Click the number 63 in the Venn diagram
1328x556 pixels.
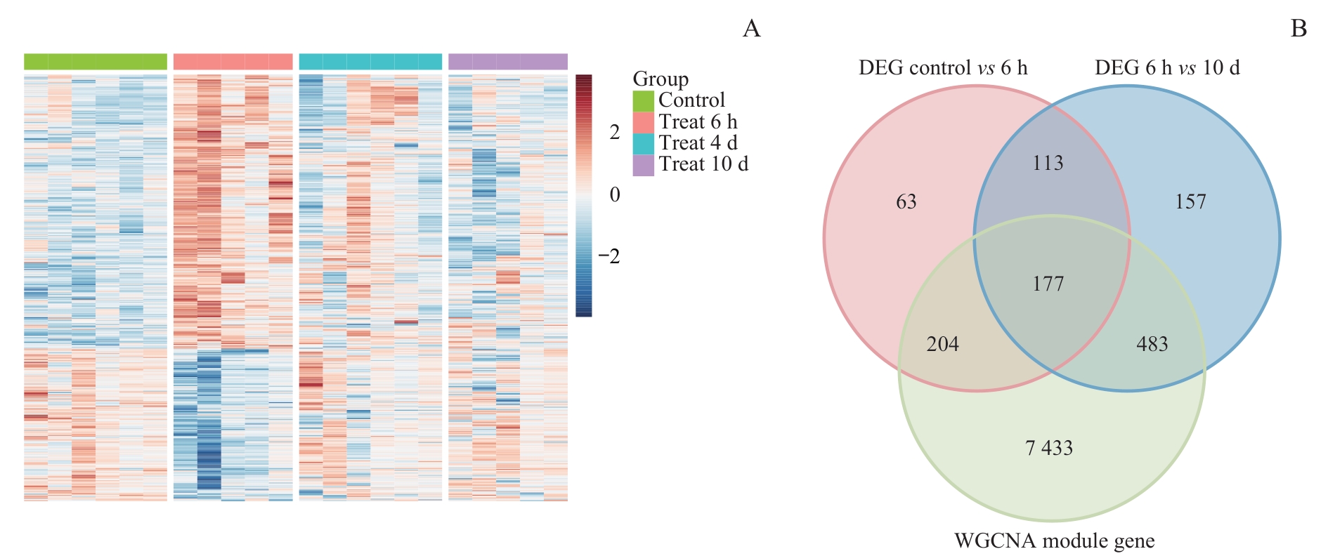tap(906, 202)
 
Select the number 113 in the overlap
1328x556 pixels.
tap(1048, 163)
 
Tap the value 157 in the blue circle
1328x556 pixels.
tap(1190, 202)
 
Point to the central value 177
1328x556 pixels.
tap(1048, 284)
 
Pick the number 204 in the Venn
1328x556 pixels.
tap(942, 344)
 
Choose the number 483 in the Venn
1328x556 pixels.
tap(1152, 344)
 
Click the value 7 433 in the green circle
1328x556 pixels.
tap(1049, 448)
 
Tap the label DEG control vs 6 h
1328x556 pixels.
tap(943, 68)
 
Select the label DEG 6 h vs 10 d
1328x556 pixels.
tap(1167, 68)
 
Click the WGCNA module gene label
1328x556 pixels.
tap(1054, 541)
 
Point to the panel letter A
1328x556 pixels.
tap(751, 29)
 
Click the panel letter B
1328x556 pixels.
tap(1298, 29)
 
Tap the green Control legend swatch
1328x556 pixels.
tap(643, 100)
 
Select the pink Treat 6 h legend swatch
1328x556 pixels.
tap(643, 122)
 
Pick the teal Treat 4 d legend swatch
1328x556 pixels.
tap(643, 143)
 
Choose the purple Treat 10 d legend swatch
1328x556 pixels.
tap(643, 164)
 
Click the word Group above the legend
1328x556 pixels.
tap(660, 79)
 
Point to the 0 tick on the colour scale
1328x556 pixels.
tap(615, 194)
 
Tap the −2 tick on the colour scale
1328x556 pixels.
tap(609, 256)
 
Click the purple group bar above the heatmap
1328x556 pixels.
tap(508, 62)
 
